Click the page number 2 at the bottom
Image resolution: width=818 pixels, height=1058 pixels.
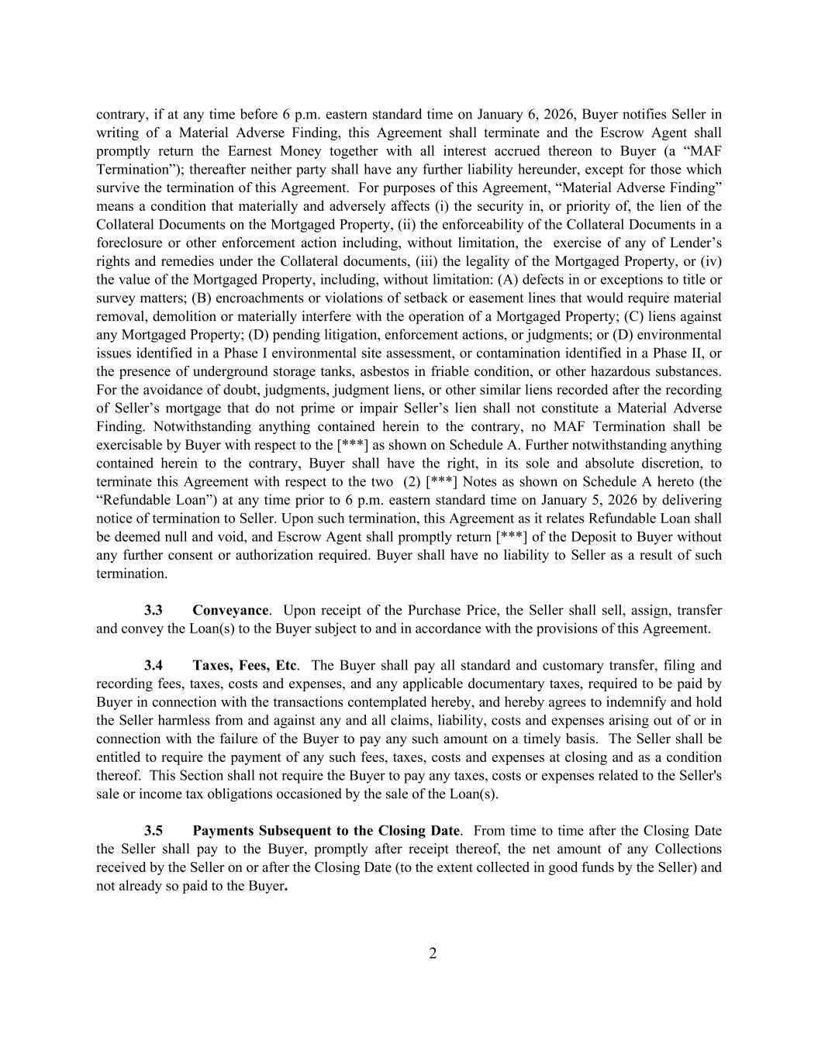[x=433, y=953]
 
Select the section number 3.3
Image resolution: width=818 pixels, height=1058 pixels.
[x=154, y=610]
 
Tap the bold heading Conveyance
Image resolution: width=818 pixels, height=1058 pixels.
[x=230, y=610]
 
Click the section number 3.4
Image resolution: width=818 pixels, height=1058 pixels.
[x=154, y=665]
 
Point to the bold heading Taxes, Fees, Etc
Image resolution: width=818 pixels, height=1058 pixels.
[x=244, y=665]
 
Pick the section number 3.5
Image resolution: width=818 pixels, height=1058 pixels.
[x=154, y=830]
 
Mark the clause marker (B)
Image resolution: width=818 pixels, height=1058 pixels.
[x=199, y=298]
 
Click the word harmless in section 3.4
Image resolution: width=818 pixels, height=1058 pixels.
[x=159, y=721]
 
